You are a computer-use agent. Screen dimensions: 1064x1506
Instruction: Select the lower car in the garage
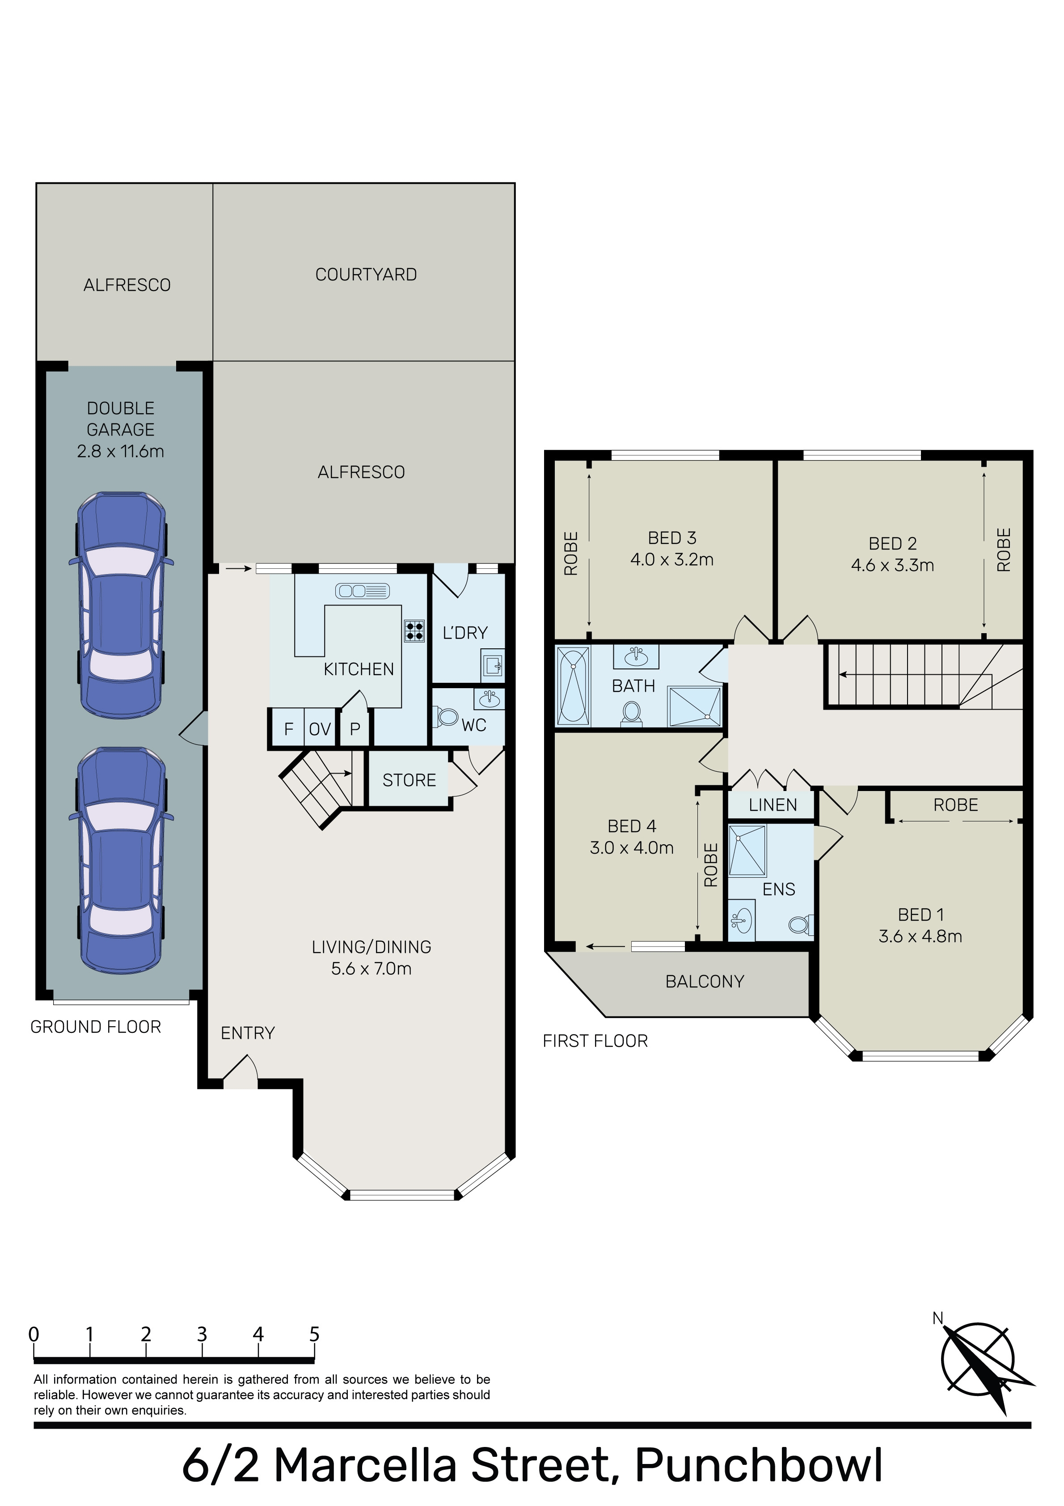[x=121, y=861]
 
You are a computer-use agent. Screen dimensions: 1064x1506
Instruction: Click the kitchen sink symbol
[x=362, y=591]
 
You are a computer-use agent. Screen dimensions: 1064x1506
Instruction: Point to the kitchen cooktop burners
[x=414, y=631]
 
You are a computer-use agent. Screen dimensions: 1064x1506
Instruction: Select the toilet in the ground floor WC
[x=446, y=716]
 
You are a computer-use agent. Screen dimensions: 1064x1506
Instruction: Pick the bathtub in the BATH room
[x=573, y=685]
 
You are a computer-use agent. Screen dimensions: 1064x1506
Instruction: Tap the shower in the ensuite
[x=747, y=851]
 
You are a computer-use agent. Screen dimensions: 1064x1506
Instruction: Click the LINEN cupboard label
[x=773, y=805]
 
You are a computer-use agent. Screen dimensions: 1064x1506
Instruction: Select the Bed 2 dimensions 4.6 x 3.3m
[x=892, y=565]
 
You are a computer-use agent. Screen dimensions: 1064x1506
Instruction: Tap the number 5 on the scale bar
[x=314, y=1334]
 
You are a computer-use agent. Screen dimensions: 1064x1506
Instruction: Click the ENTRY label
[x=247, y=1033]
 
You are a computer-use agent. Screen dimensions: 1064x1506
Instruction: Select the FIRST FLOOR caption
[x=595, y=1041]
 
